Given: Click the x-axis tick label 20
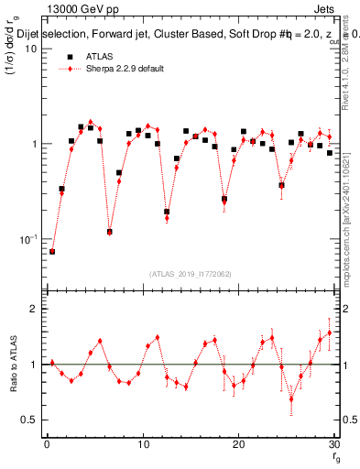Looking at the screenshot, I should [238, 446].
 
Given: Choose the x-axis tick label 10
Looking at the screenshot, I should [142, 446].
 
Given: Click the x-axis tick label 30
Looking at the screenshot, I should [333, 446].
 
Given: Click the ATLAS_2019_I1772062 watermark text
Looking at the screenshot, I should [190, 273].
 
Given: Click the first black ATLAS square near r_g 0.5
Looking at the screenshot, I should [52, 251].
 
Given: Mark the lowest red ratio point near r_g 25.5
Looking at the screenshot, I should [291, 398].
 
